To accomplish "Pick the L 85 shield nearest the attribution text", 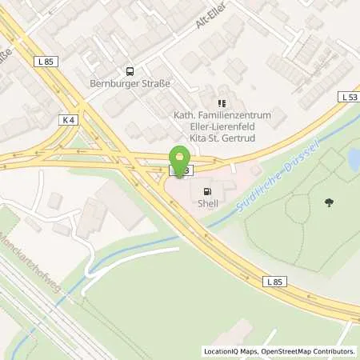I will (x=274, y=281).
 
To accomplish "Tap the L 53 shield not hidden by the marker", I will (x=348, y=97).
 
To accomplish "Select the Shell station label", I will (x=208, y=204).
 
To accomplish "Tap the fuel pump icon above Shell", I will (x=209, y=191).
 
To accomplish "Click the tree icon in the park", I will (x=328, y=202).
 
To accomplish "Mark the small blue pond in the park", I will (x=353, y=161).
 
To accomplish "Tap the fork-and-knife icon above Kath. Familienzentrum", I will (x=222, y=103).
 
